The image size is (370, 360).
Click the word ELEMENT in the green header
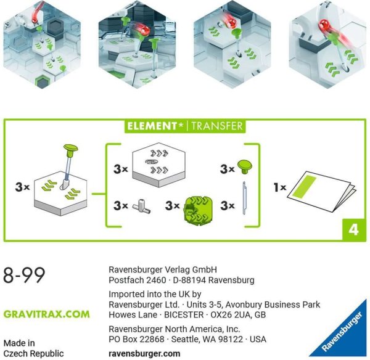coord(152,126)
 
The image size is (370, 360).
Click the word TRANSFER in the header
coord(217,126)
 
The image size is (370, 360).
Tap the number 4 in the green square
coord(353,229)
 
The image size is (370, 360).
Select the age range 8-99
coord(24,275)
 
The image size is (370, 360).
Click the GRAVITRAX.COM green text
coord(47,314)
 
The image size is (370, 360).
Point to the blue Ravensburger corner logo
coord(340,330)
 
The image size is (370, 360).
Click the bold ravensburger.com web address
coord(144,353)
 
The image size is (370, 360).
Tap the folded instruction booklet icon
coord(321,191)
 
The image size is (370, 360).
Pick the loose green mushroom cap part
coord(244,167)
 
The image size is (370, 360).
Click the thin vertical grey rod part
coord(244,198)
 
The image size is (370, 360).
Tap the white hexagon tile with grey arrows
coord(159,165)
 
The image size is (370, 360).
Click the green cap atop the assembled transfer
coord(70,149)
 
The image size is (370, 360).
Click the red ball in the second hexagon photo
coord(144,30)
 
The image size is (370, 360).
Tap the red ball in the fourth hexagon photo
coord(324,25)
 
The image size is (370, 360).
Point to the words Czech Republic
coord(33,353)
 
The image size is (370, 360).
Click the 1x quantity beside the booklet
coord(280,187)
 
